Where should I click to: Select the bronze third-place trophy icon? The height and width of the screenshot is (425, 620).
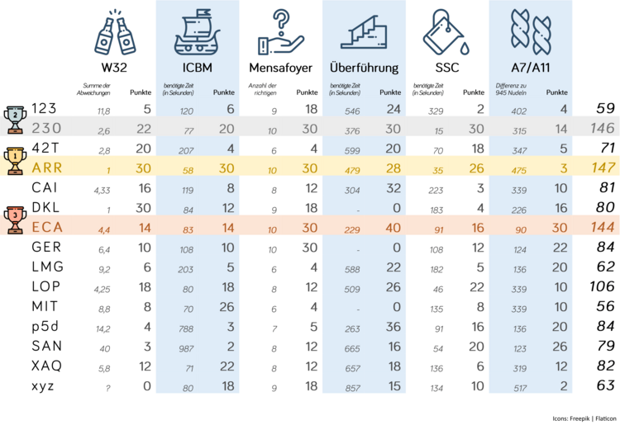(x=15, y=217)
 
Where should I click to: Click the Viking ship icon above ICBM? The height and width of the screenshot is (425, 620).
(x=198, y=33)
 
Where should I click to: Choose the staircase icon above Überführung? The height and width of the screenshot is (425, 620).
(x=364, y=33)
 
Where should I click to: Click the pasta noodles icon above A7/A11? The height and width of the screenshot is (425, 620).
(x=530, y=33)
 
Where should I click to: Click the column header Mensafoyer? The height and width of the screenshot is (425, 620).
(x=280, y=68)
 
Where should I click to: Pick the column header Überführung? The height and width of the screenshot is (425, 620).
(x=364, y=68)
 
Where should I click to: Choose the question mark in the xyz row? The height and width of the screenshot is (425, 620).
(x=104, y=385)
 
